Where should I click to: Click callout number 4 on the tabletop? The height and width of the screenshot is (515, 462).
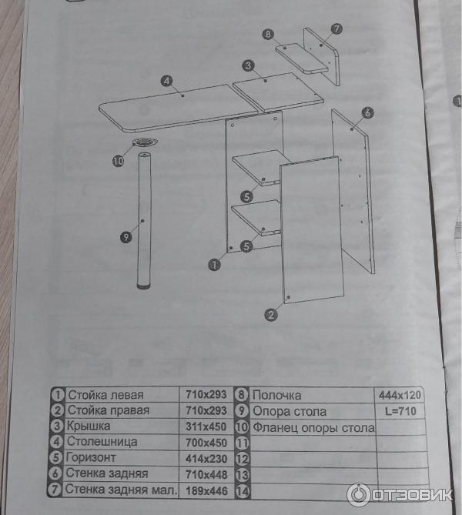tap(167, 81)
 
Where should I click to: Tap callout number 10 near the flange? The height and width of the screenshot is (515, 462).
tap(119, 161)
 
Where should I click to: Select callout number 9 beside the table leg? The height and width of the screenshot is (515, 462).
tap(126, 237)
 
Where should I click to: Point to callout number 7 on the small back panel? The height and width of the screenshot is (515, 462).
tap(336, 29)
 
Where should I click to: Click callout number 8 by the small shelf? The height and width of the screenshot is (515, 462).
tap(268, 34)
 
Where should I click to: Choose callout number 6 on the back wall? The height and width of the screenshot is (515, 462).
tap(368, 112)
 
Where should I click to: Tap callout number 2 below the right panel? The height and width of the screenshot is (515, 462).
tap(271, 315)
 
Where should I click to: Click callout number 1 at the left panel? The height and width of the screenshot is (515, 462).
tap(215, 264)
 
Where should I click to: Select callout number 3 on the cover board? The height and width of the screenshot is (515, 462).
tap(249, 65)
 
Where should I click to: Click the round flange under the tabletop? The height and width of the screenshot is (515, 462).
tap(145, 143)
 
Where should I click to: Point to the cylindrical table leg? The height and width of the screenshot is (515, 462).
tap(144, 221)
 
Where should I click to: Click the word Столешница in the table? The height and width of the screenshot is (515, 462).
tap(102, 442)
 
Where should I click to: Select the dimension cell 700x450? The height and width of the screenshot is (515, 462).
tap(206, 443)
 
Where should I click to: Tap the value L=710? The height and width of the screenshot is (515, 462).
tap(400, 411)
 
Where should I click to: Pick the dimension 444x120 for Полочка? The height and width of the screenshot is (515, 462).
tap(400, 395)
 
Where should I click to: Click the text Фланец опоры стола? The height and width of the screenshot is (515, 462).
tap(314, 428)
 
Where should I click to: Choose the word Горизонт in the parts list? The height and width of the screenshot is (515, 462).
tap(91, 458)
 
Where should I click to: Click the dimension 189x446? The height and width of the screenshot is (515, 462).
tap(206, 491)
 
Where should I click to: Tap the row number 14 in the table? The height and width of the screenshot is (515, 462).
tap(243, 491)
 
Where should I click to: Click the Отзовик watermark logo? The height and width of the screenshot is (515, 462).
tap(400, 495)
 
